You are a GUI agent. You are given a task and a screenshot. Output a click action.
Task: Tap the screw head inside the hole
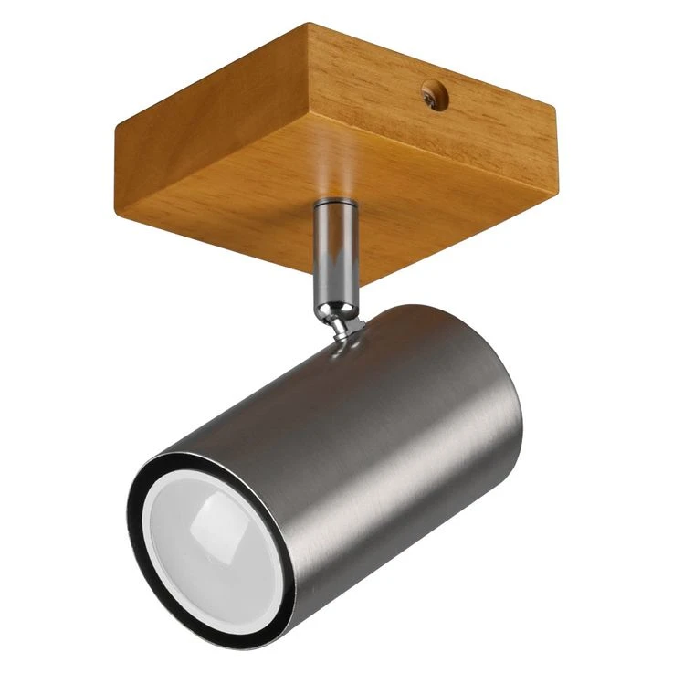(433, 94)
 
